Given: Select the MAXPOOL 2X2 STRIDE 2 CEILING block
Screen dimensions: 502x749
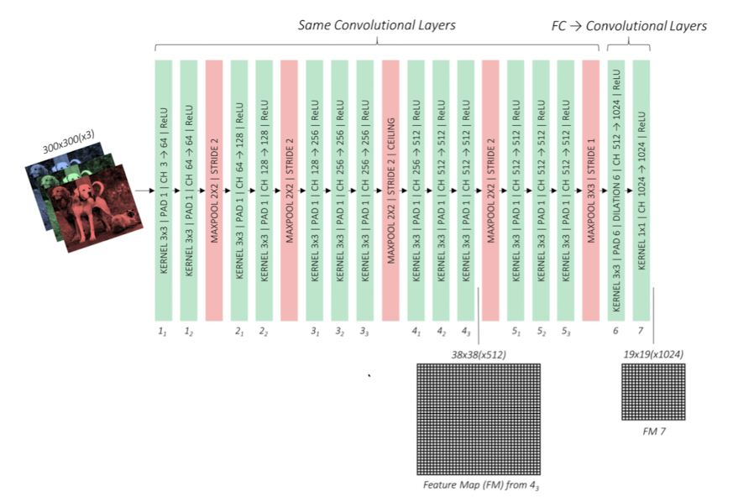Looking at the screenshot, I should [x=390, y=190].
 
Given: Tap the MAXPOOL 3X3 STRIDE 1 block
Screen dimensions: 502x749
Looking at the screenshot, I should [x=590, y=190].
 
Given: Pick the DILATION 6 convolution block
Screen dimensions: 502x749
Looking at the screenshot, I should [x=616, y=190].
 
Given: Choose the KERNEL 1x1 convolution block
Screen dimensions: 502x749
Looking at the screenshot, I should [x=642, y=190].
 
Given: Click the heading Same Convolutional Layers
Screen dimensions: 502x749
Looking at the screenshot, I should [x=376, y=25].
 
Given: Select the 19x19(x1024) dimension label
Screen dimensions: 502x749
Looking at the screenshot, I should [x=652, y=354].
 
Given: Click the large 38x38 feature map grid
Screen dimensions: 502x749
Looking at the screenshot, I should [x=479, y=419].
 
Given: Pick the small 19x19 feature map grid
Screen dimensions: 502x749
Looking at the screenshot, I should [x=652, y=392].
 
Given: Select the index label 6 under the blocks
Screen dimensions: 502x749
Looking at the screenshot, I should [x=616, y=332].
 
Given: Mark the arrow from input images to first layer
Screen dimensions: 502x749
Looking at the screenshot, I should [x=144, y=191].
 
